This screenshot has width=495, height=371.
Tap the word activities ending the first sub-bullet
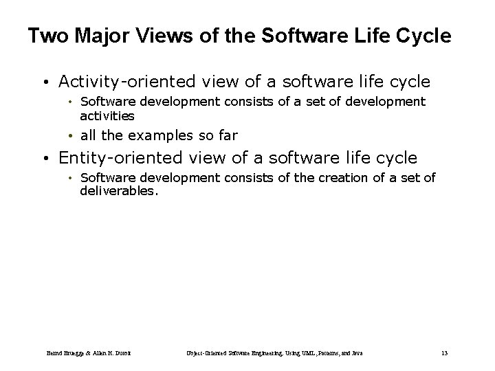pos(107,116)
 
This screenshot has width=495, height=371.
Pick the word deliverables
pos(118,192)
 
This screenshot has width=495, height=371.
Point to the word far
pos(226,135)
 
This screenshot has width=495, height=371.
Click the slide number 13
pos(444,353)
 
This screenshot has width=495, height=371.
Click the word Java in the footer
pos(355,353)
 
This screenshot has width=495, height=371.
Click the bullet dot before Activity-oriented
pos(44,83)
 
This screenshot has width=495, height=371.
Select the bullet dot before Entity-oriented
pos(44,159)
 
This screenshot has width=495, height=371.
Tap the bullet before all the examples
pos(72,136)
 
